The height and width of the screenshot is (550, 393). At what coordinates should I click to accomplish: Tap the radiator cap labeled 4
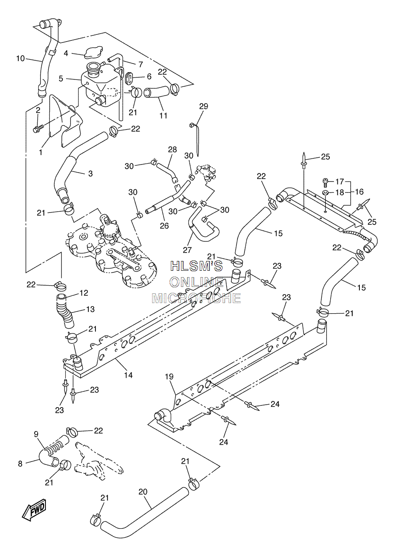[92, 53]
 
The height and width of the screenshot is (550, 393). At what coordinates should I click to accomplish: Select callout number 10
[21, 58]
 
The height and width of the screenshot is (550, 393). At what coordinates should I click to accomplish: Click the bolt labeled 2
[38, 128]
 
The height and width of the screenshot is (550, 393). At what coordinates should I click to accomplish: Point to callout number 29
[203, 106]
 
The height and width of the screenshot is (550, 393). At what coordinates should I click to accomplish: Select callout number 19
[169, 377]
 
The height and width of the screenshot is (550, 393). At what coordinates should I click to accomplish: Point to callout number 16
[359, 192]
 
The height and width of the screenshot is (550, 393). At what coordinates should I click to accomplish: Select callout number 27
[188, 250]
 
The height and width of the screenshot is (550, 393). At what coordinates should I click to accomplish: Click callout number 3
[90, 173]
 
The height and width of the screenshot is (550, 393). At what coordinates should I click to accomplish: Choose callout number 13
[90, 309]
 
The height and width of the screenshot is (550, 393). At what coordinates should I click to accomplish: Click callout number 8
[20, 463]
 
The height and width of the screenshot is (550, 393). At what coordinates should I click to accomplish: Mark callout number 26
[164, 226]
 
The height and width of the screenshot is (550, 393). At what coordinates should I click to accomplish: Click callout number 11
[163, 115]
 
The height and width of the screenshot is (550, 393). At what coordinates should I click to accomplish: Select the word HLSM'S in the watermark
[196, 266]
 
